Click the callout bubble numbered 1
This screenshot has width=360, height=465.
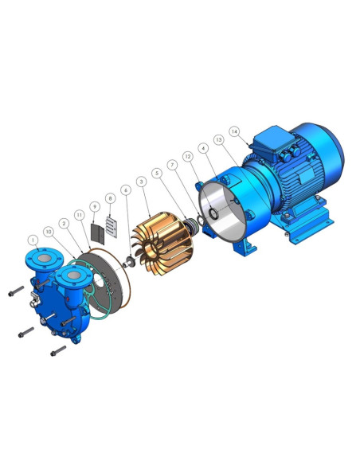tap(33, 240)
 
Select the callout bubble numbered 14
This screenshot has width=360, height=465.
tap(234, 131)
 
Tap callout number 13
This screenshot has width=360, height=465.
tap(219, 139)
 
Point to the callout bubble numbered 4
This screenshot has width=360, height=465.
tap(203, 148)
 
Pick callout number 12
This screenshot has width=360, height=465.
tap(188, 156)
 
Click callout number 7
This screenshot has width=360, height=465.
tap(172, 165)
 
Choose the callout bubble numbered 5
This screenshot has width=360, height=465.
tap(157, 174)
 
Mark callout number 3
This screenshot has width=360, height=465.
tap(142, 182)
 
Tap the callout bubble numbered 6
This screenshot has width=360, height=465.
tap(126, 190)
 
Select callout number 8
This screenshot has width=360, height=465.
tap(111, 198)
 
